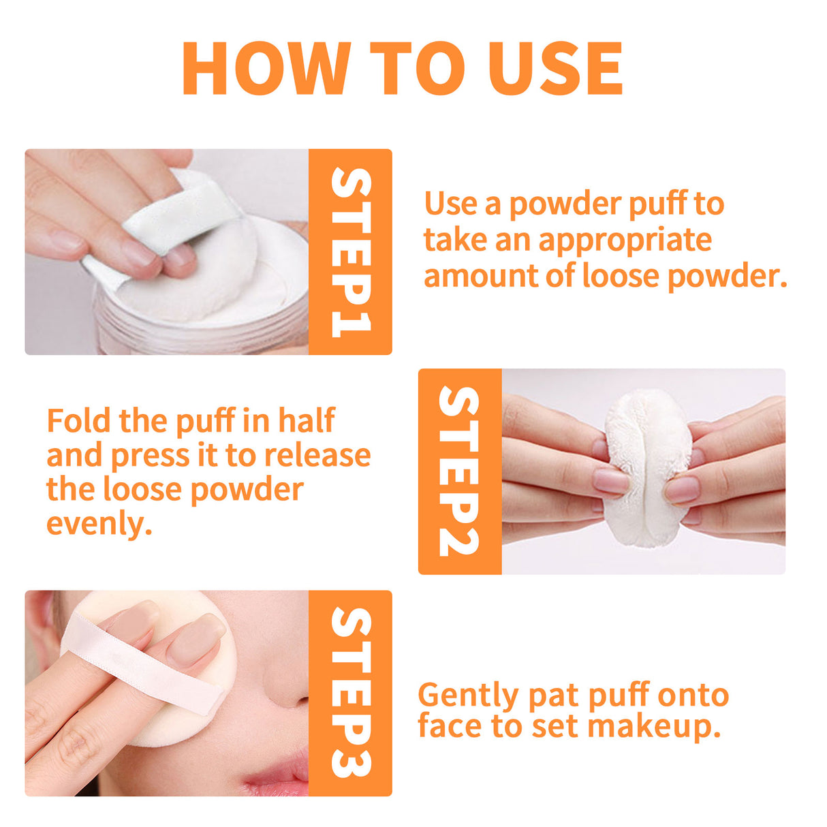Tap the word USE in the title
tap(555, 69)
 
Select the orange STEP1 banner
tap(350, 252)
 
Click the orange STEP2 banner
tap(459, 471)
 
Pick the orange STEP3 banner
tap(350, 693)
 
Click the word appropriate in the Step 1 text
tap(625, 240)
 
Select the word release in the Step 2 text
tap(317, 455)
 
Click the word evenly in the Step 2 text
tap(99, 525)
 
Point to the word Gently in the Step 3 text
tap(468, 696)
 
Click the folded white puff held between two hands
tap(647, 469)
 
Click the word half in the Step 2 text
tap(306, 421)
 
